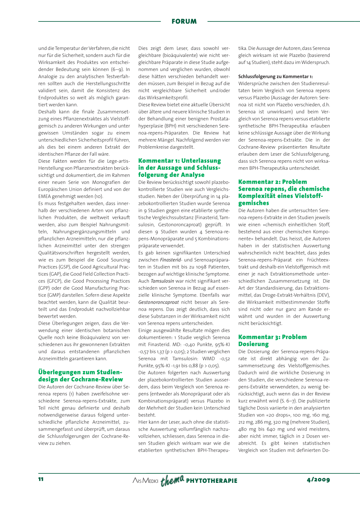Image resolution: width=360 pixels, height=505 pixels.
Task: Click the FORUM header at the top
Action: tap(184, 21)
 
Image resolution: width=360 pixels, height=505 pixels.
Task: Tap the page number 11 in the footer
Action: tap(41, 479)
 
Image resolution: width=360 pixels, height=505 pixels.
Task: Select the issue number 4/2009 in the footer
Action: tap(318, 479)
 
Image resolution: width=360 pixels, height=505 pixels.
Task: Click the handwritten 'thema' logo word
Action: tap(172, 480)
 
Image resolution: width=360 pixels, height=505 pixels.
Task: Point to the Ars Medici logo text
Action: tap(145, 481)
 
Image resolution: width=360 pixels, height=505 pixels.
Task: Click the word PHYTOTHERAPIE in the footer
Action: tap(212, 481)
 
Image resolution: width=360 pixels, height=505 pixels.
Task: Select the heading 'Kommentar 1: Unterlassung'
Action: tap(179, 161)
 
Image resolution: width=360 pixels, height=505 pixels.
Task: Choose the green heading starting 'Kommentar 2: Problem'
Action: tap(272, 182)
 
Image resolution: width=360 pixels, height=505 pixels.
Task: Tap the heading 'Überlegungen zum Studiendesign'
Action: tap(80, 372)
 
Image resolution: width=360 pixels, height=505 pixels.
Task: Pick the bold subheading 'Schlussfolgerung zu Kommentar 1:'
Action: tap(275, 77)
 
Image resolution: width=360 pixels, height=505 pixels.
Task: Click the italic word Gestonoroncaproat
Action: tap(159, 302)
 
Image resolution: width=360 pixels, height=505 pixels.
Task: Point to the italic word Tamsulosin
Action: tap(162, 281)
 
